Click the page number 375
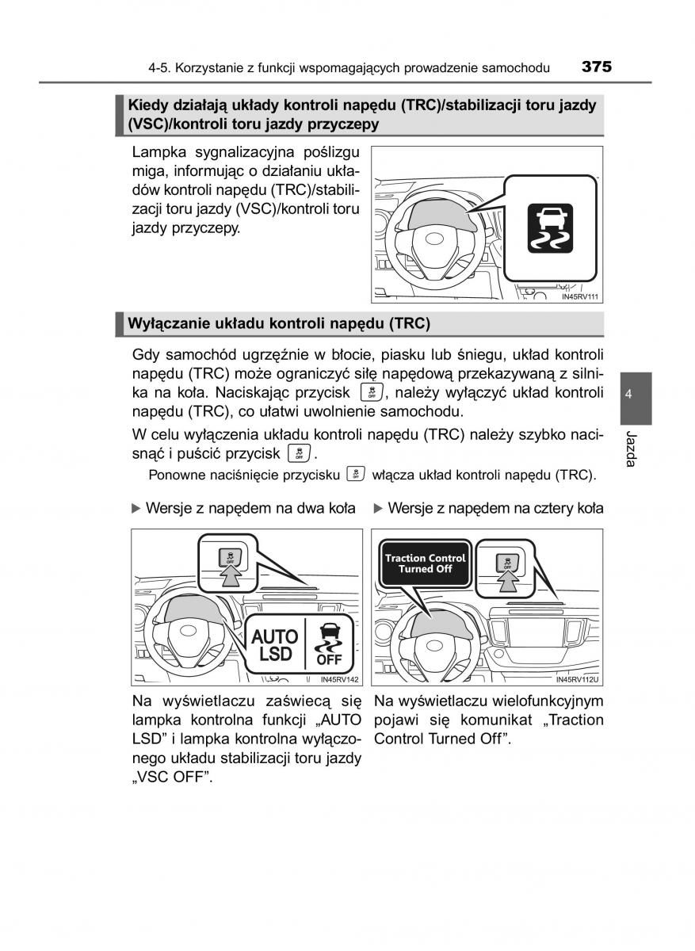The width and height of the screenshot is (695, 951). pyautogui.click(x=596, y=67)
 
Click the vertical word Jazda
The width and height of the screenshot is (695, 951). pyautogui.click(x=631, y=449)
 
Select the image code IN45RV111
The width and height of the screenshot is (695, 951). pyautogui.click(x=579, y=297)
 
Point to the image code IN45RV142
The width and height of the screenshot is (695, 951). pyautogui.click(x=340, y=679)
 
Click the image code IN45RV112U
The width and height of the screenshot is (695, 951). pyautogui.click(x=576, y=679)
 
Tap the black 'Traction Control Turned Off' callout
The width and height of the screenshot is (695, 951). pyautogui.click(x=426, y=563)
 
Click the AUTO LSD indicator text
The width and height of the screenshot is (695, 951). pyautogui.click(x=275, y=645)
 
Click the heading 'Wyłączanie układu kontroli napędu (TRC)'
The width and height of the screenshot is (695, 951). pyautogui.click(x=279, y=323)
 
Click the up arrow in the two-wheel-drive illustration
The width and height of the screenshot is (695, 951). pyautogui.click(x=229, y=575)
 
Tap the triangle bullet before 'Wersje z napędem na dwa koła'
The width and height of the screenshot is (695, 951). pyautogui.click(x=136, y=508)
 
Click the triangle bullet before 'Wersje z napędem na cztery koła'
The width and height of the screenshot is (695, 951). pyautogui.click(x=378, y=508)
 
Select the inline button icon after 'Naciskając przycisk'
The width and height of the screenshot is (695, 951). pyautogui.click(x=371, y=392)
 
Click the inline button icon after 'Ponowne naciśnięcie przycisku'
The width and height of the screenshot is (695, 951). pyautogui.click(x=356, y=475)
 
